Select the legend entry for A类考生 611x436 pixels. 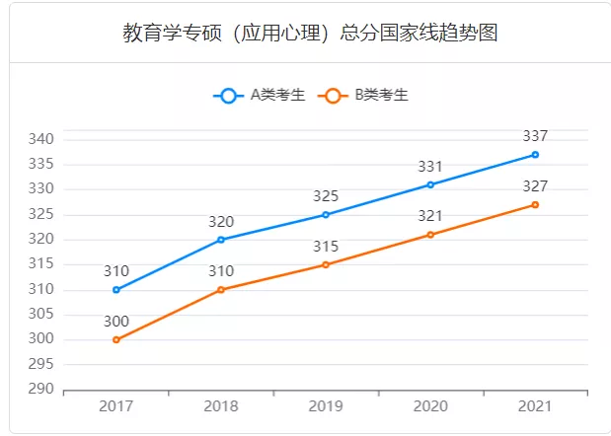point(260,96)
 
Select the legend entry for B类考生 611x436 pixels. point(365,96)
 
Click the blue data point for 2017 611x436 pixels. point(116,290)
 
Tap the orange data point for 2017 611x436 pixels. point(116,339)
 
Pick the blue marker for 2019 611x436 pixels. point(326,214)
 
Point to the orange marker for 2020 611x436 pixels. point(430,235)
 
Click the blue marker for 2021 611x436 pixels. point(535,155)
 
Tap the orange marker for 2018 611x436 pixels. point(221,290)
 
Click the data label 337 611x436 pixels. point(535,136)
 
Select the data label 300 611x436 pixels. point(116,321)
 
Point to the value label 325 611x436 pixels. point(326,196)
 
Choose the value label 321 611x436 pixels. point(430,216)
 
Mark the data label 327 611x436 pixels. point(535,186)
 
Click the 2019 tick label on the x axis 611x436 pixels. point(326,406)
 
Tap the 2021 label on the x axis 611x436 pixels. point(535,406)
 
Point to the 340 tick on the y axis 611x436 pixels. point(39,139)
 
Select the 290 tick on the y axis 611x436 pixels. point(39,390)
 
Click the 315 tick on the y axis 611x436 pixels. point(39,264)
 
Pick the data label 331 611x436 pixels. point(430,167)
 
